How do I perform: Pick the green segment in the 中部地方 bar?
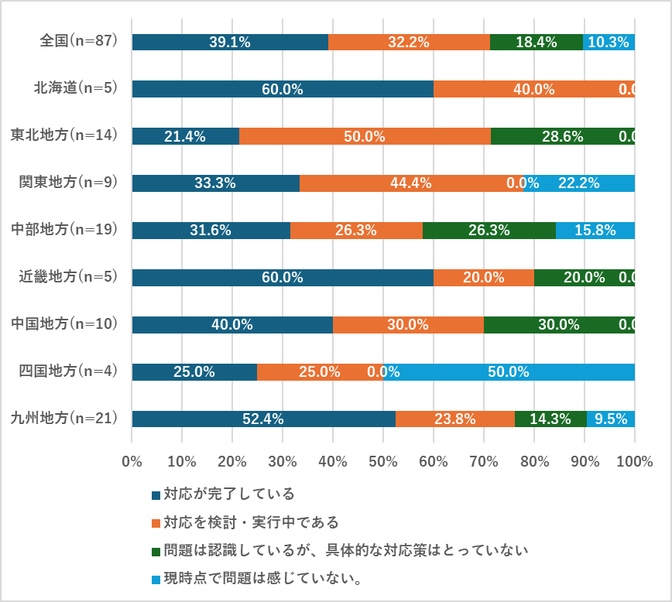489,231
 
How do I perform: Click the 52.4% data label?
263,419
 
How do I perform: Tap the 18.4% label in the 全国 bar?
536,43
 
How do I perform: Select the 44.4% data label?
410,183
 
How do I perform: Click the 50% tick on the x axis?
383,461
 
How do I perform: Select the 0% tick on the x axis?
132,461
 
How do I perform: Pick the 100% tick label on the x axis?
635,461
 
